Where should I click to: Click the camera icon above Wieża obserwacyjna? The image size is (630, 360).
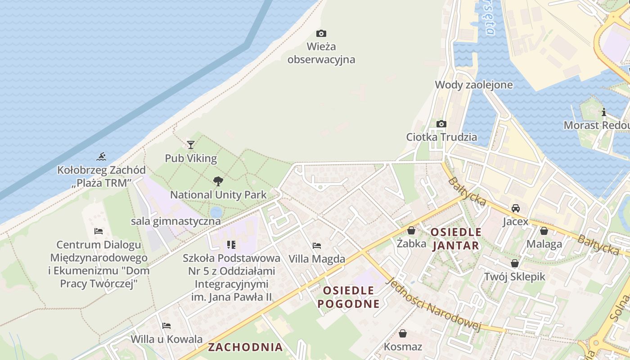tap(321, 33)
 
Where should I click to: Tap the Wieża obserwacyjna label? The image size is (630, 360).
tap(321, 53)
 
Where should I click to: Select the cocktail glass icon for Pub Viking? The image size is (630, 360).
tap(191, 144)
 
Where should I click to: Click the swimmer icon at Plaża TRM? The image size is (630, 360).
tap(101, 157)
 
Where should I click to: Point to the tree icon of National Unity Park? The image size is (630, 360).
tap(218, 181)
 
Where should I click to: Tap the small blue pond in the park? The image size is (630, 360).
tap(216, 212)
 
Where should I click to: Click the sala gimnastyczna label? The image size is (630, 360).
tap(175, 221)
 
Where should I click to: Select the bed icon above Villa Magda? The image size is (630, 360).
tap(317, 246)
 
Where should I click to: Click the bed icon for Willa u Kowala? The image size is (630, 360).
tap(166, 326)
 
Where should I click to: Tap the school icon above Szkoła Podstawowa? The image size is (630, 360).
tap(231, 245)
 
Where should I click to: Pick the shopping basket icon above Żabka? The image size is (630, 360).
tap(411, 230)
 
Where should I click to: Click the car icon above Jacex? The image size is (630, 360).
tap(516, 208)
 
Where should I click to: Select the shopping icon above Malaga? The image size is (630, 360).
tap(544, 231)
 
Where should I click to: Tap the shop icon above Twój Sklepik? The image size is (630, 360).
tap(515, 263)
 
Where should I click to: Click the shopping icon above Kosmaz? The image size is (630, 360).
tap(403, 333)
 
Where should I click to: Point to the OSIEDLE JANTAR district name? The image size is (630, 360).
tap(456, 239)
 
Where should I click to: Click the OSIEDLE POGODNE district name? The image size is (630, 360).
tap(348, 297)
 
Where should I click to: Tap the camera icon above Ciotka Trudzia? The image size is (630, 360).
tap(441, 124)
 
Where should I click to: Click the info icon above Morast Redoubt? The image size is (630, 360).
tap(604, 112)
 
